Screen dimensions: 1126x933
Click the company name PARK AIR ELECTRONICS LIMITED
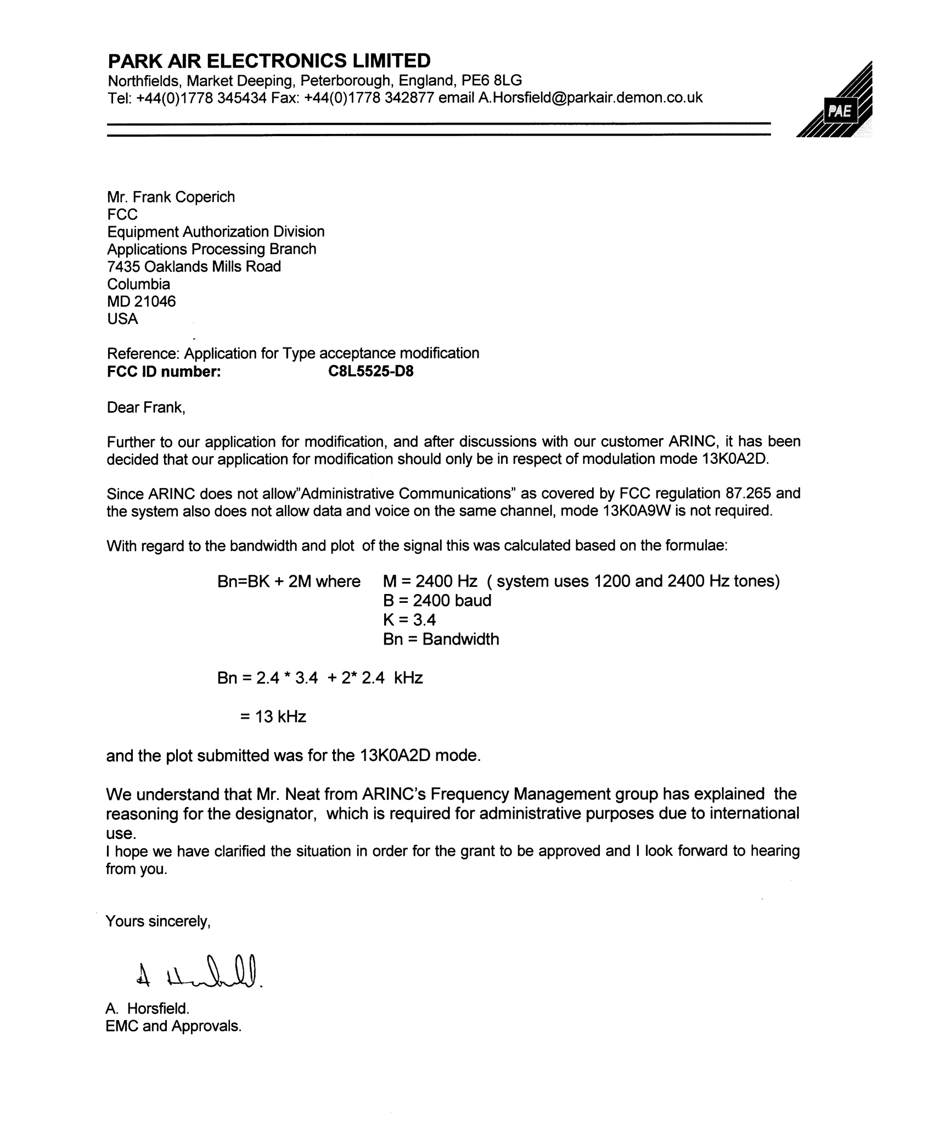pos(269,60)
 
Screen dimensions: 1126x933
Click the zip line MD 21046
pos(141,301)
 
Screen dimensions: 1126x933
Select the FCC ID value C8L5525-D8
pos(371,371)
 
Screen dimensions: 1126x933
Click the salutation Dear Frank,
pos(146,407)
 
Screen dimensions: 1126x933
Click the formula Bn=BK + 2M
pos(265,581)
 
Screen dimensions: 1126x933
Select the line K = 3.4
pos(409,620)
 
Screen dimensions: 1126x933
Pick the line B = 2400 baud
pos(437,601)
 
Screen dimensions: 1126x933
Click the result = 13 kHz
pos(273,716)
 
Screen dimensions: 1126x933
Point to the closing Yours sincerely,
pos(158,921)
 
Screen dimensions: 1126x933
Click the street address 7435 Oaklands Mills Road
pos(194,266)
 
